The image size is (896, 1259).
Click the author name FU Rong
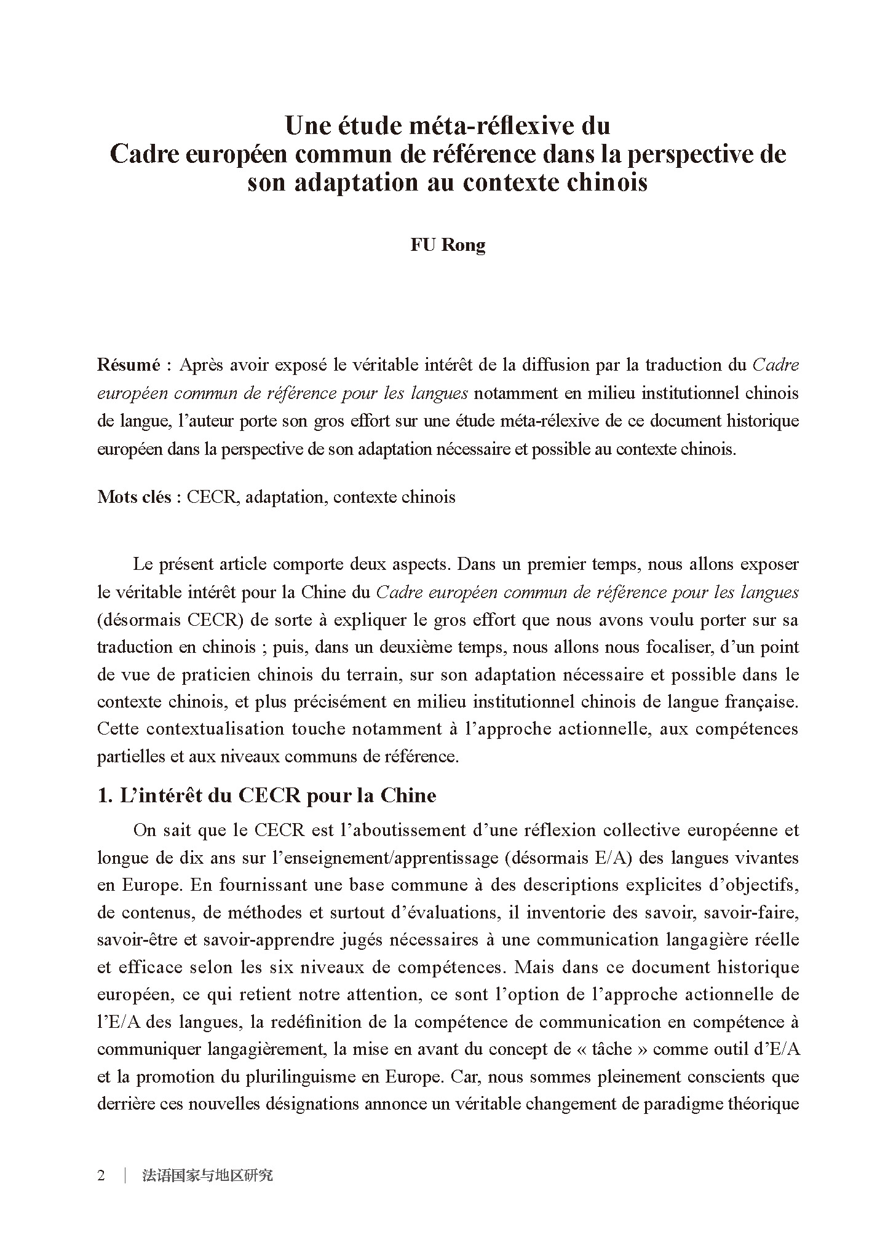pyautogui.click(x=448, y=245)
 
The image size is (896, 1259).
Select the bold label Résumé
pyautogui.click(x=128, y=365)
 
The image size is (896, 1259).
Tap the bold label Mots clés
pyautogui.click(x=134, y=497)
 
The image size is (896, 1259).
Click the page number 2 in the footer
pyautogui.click(x=101, y=1175)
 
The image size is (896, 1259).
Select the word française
pyautogui.click(x=761, y=701)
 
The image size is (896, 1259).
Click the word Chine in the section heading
pyautogui.click(x=408, y=795)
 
